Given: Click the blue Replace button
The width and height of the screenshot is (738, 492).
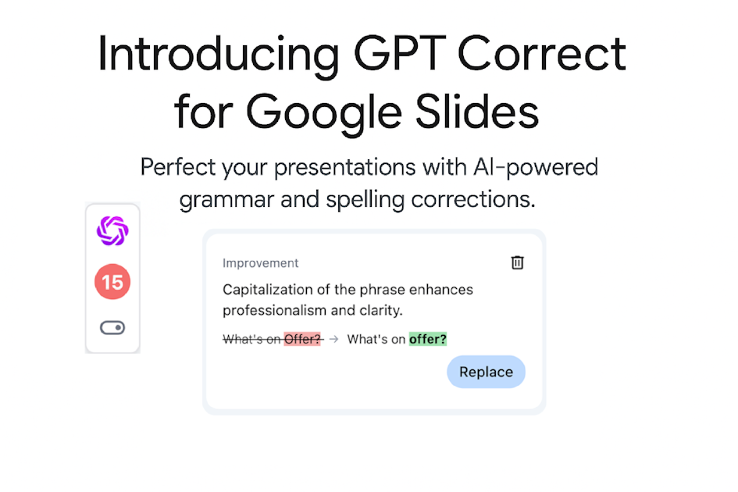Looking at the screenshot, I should (x=486, y=372).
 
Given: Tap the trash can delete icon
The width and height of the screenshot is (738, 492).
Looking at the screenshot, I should (x=517, y=262).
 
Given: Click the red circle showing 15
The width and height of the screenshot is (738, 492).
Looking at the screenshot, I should (x=112, y=282).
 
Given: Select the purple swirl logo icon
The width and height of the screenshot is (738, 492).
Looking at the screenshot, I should (x=112, y=230).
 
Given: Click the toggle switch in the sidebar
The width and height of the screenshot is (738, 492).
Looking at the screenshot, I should (x=112, y=328).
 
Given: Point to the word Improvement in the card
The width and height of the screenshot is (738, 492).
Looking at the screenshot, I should (x=260, y=263).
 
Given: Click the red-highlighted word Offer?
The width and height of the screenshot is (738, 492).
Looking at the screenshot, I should (x=302, y=339).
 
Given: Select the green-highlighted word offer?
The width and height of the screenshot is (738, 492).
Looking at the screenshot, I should (x=428, y=339).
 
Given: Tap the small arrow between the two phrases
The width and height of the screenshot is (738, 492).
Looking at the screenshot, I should (x=333, y=339).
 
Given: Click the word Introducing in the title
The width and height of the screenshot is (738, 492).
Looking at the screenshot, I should (x=218, y=55).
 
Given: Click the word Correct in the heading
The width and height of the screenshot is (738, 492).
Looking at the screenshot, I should (x=541, y=55).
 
